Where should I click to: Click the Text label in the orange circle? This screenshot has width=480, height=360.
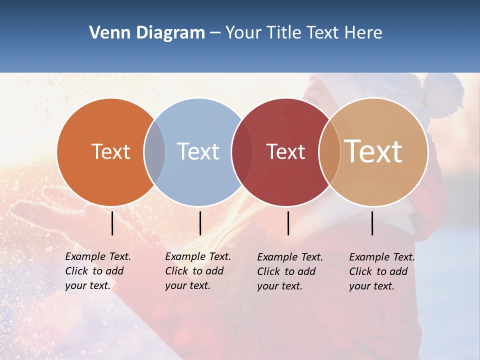point(110,151)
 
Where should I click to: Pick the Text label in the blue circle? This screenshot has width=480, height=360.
point(198,151)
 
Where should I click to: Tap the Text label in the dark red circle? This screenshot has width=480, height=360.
point(285,152)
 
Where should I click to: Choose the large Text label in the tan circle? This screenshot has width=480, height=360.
point(373,151)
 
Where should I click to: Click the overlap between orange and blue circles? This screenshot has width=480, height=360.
point(154,152)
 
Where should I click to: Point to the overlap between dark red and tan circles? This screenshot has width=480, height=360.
point(329,152)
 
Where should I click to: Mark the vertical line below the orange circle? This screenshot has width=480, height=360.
point(112,223)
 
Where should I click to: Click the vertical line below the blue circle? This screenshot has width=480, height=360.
point(200,223)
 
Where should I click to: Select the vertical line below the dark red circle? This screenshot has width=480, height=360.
point(288,223)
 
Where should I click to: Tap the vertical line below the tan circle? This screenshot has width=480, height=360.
point(372,223)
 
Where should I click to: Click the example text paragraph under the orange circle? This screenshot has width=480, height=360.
point(98,271)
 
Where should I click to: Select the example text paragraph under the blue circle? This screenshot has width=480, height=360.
point(198,271)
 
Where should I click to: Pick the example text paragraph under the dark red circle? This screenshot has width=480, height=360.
point(290,271)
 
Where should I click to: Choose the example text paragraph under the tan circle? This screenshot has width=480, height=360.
point(382,271)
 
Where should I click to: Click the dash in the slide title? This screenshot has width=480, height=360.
point(215,33)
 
